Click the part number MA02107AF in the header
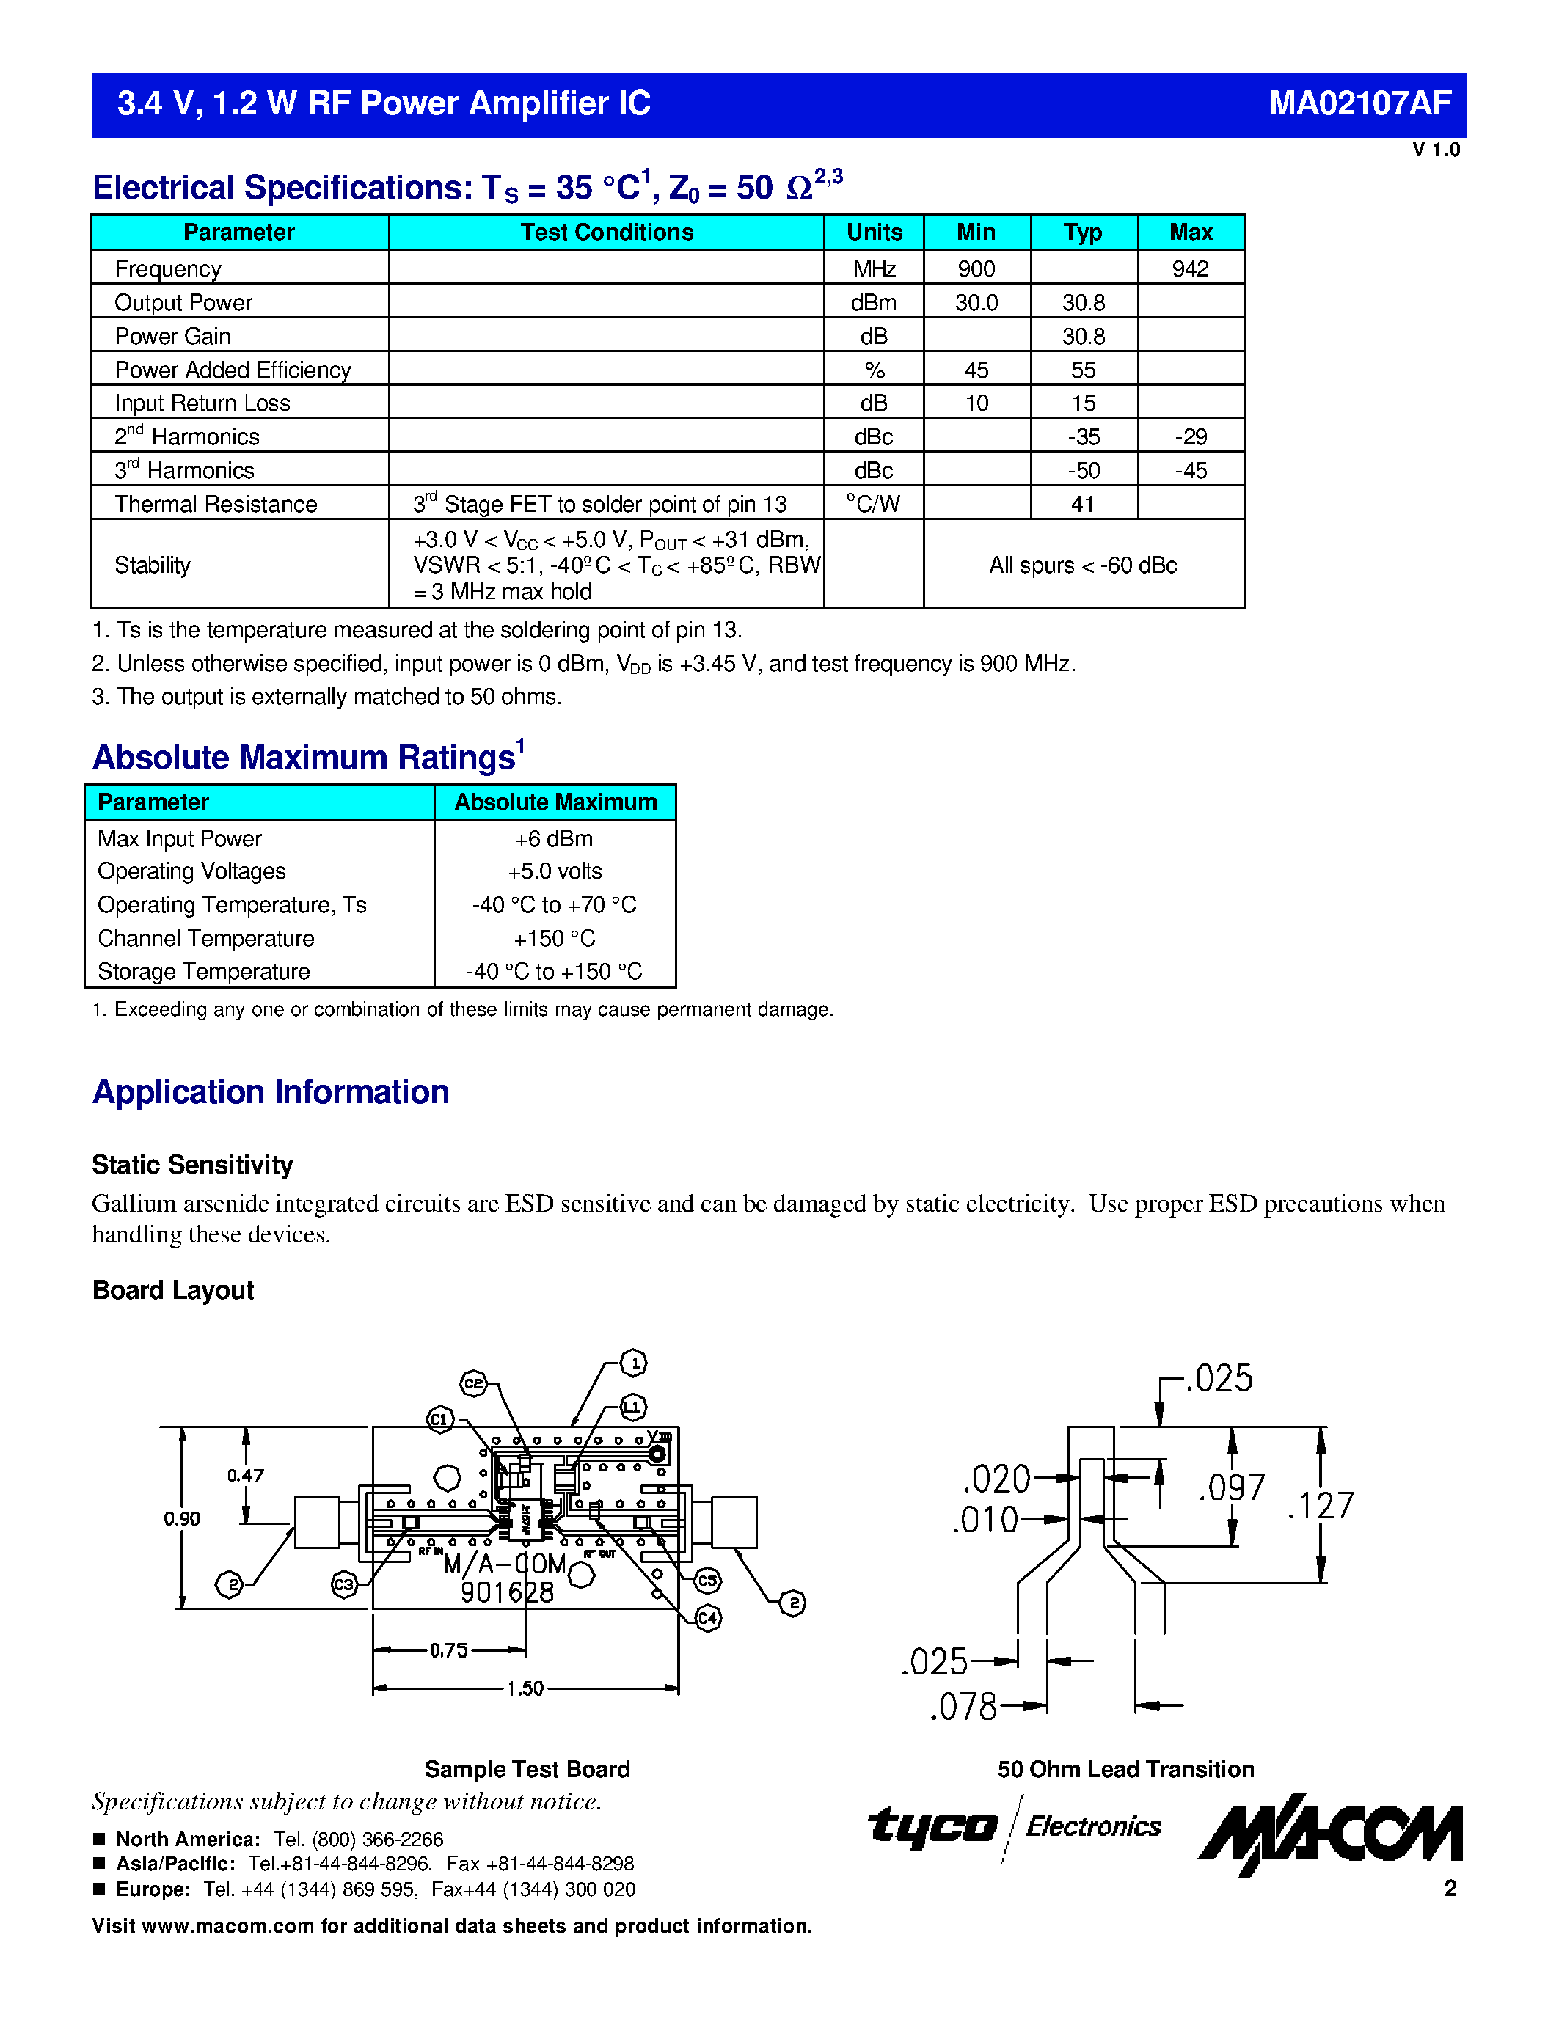1359,103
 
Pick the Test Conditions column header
606,233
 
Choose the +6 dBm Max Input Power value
554,838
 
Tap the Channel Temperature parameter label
206,938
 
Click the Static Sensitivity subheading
192,1165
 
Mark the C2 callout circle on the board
474,1383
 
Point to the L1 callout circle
632,1407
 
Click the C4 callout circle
707,1618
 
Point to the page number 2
1450,1889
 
